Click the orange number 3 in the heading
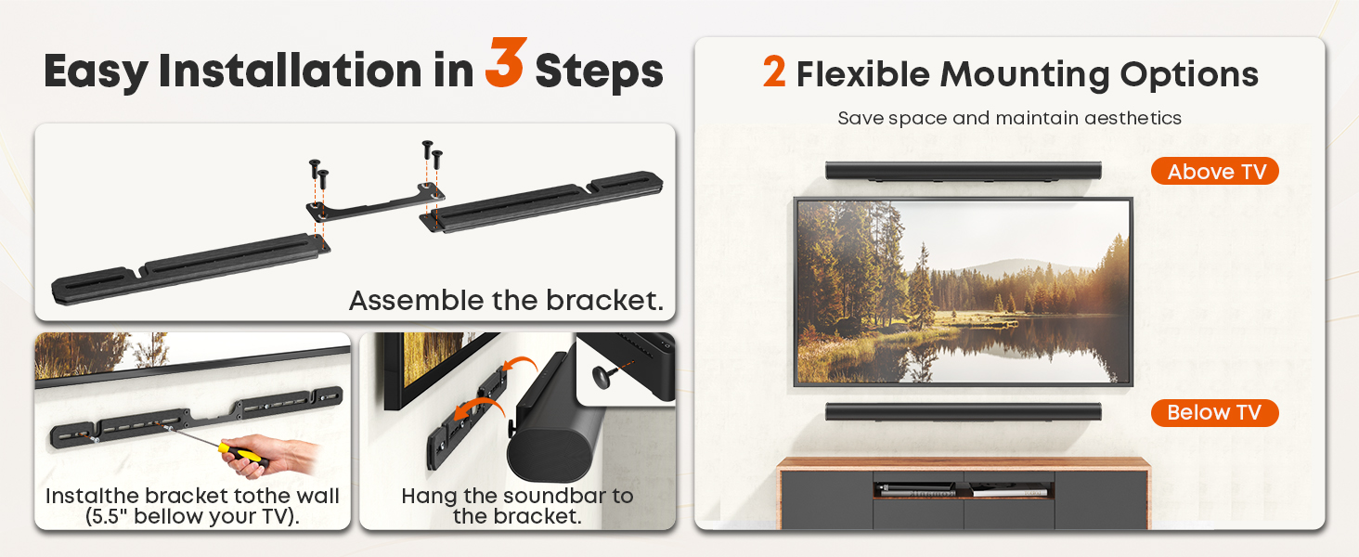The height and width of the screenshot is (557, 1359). (x=506, y=62)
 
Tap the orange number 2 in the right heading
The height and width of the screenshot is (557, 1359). (x=774, y=71)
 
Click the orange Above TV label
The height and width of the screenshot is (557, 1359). (x=1214, y=171)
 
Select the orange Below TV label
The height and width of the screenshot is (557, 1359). (x=1214, y=412)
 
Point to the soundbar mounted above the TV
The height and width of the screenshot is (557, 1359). (x=964, y=171)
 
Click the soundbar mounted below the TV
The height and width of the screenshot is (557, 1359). (x=964, y=412)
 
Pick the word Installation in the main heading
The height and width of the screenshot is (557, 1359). (x=290, y=71)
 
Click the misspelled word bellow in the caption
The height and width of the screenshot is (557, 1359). (x=166, y=516)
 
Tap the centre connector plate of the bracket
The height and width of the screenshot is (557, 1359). (x=375, y=204)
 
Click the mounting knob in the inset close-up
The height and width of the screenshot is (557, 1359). (x=602, y=377)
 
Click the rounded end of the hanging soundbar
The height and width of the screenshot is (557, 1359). (x=549, y=446)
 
